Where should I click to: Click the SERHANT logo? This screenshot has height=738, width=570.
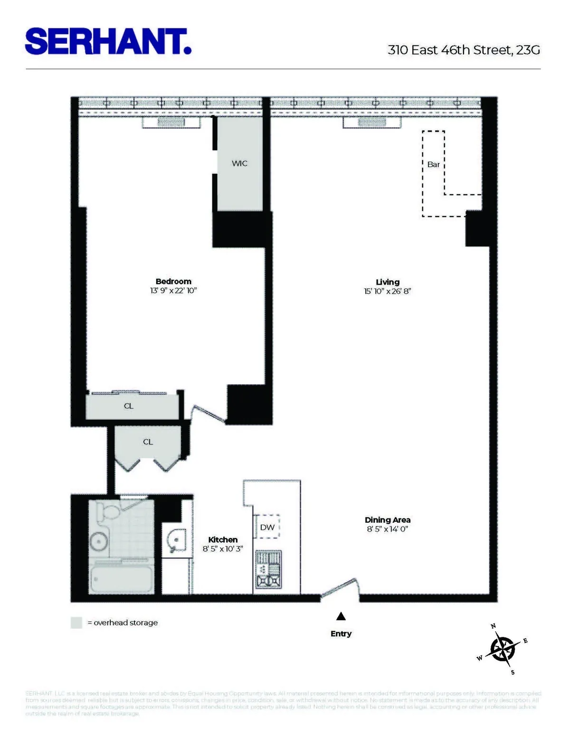pos(108,42)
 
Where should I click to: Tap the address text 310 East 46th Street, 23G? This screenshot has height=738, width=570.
pos(464,50)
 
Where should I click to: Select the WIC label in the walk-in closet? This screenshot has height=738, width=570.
pos(239,163)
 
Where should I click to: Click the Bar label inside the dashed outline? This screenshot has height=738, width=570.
pos(433,164)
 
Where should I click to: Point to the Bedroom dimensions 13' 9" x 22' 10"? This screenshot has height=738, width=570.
pos(173,290)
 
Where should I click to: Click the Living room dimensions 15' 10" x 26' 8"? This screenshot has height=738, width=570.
pos(387,291)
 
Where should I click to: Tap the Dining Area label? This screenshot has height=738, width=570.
pos(388,520)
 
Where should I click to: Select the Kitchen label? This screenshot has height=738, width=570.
pos(223,540)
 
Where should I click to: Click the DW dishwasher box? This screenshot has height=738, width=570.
pos(267,527)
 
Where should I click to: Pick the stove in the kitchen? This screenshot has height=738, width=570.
pos(268,569)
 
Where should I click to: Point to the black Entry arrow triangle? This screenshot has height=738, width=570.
pos(341,617)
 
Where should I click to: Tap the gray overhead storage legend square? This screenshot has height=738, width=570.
pos(76,623)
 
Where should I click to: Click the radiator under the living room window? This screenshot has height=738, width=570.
pos(371,123)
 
